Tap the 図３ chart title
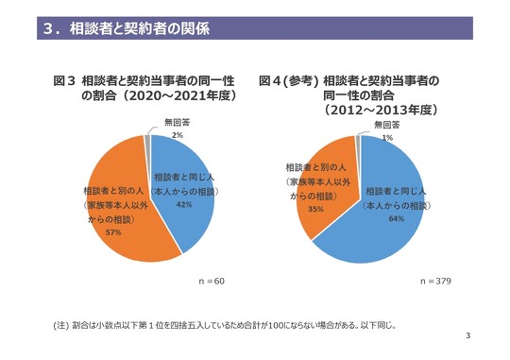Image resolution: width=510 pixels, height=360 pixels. click(145, 89)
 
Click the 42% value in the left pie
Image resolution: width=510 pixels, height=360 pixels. click(184, 204)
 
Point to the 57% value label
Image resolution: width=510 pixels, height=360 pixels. click(112, 231)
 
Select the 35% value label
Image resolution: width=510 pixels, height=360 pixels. click(316, 209)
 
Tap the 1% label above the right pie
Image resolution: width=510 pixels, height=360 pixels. click(387, 138)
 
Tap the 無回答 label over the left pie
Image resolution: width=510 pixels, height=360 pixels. click(177, 123)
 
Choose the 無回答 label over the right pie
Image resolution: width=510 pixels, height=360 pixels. click(387, 126)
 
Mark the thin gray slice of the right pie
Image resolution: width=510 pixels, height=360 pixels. click(358, 144)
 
